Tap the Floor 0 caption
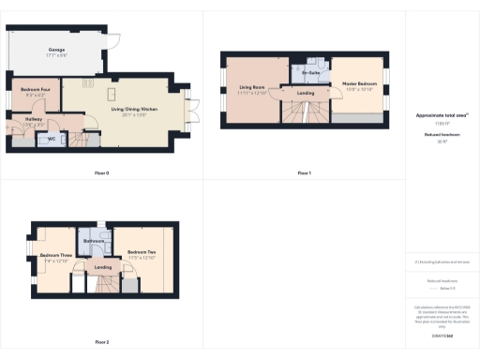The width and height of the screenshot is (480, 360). coord(102,173)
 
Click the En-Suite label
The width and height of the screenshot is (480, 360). coord(307,71)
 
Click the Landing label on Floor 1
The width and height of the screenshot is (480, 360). coord(306,93)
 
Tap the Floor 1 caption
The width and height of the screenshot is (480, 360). coord(305,173)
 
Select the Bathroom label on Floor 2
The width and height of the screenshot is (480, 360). coord(94,241)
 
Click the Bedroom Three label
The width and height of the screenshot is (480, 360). coord(56,255)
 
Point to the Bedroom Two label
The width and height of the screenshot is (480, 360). coord(142,250)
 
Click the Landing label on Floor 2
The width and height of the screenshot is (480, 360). coord(103,267)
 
